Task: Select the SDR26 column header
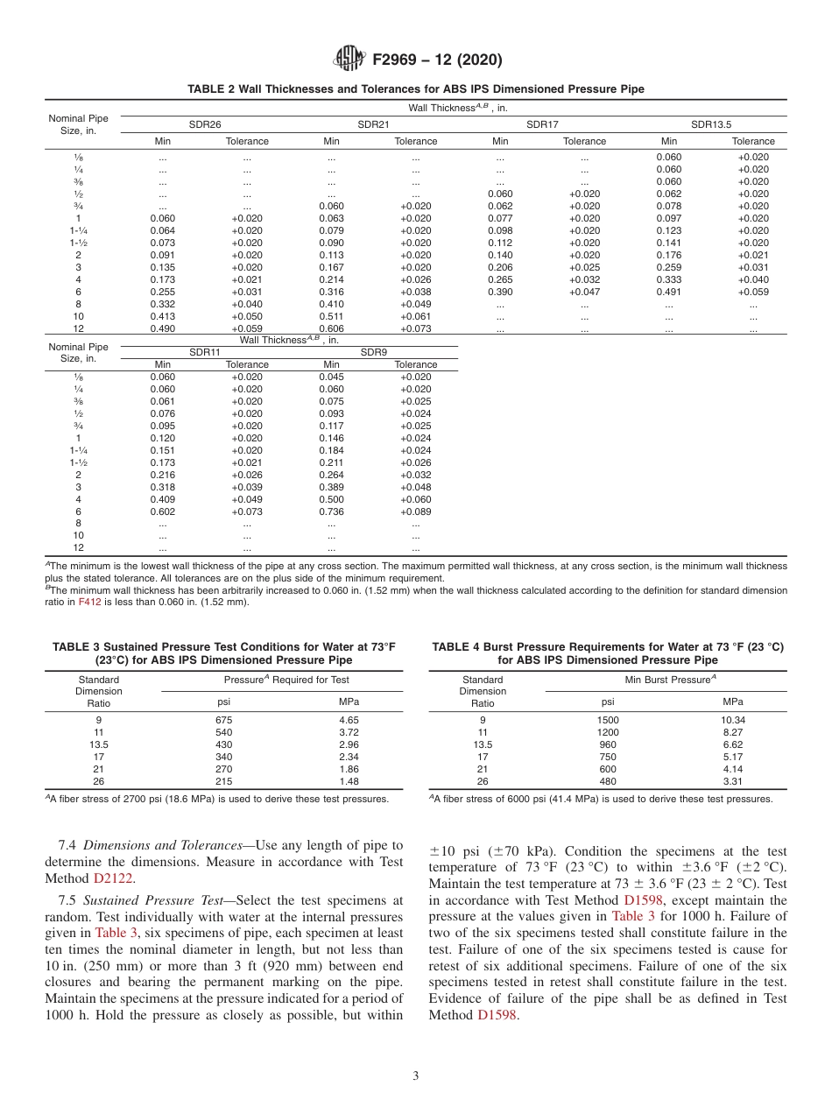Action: (x=205, y=124)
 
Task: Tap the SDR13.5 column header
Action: (x=710, y=124)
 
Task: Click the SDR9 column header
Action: (x=374, y=352)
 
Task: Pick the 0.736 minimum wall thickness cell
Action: (x=331, y=511)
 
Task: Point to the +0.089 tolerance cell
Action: (x=415, y=511)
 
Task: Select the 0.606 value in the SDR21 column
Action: (x=331, y=328)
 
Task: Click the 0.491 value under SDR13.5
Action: (x=668, y=292)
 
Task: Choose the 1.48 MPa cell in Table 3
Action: (x=349, y=781)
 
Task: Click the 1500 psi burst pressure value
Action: (x=607, y=719)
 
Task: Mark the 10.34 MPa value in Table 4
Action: (x=732, y=719)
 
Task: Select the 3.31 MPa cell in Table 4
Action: (x=732, y=781)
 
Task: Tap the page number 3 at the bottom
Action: (x=415, y=1076)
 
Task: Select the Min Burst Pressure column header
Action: (x=670, y=680)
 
